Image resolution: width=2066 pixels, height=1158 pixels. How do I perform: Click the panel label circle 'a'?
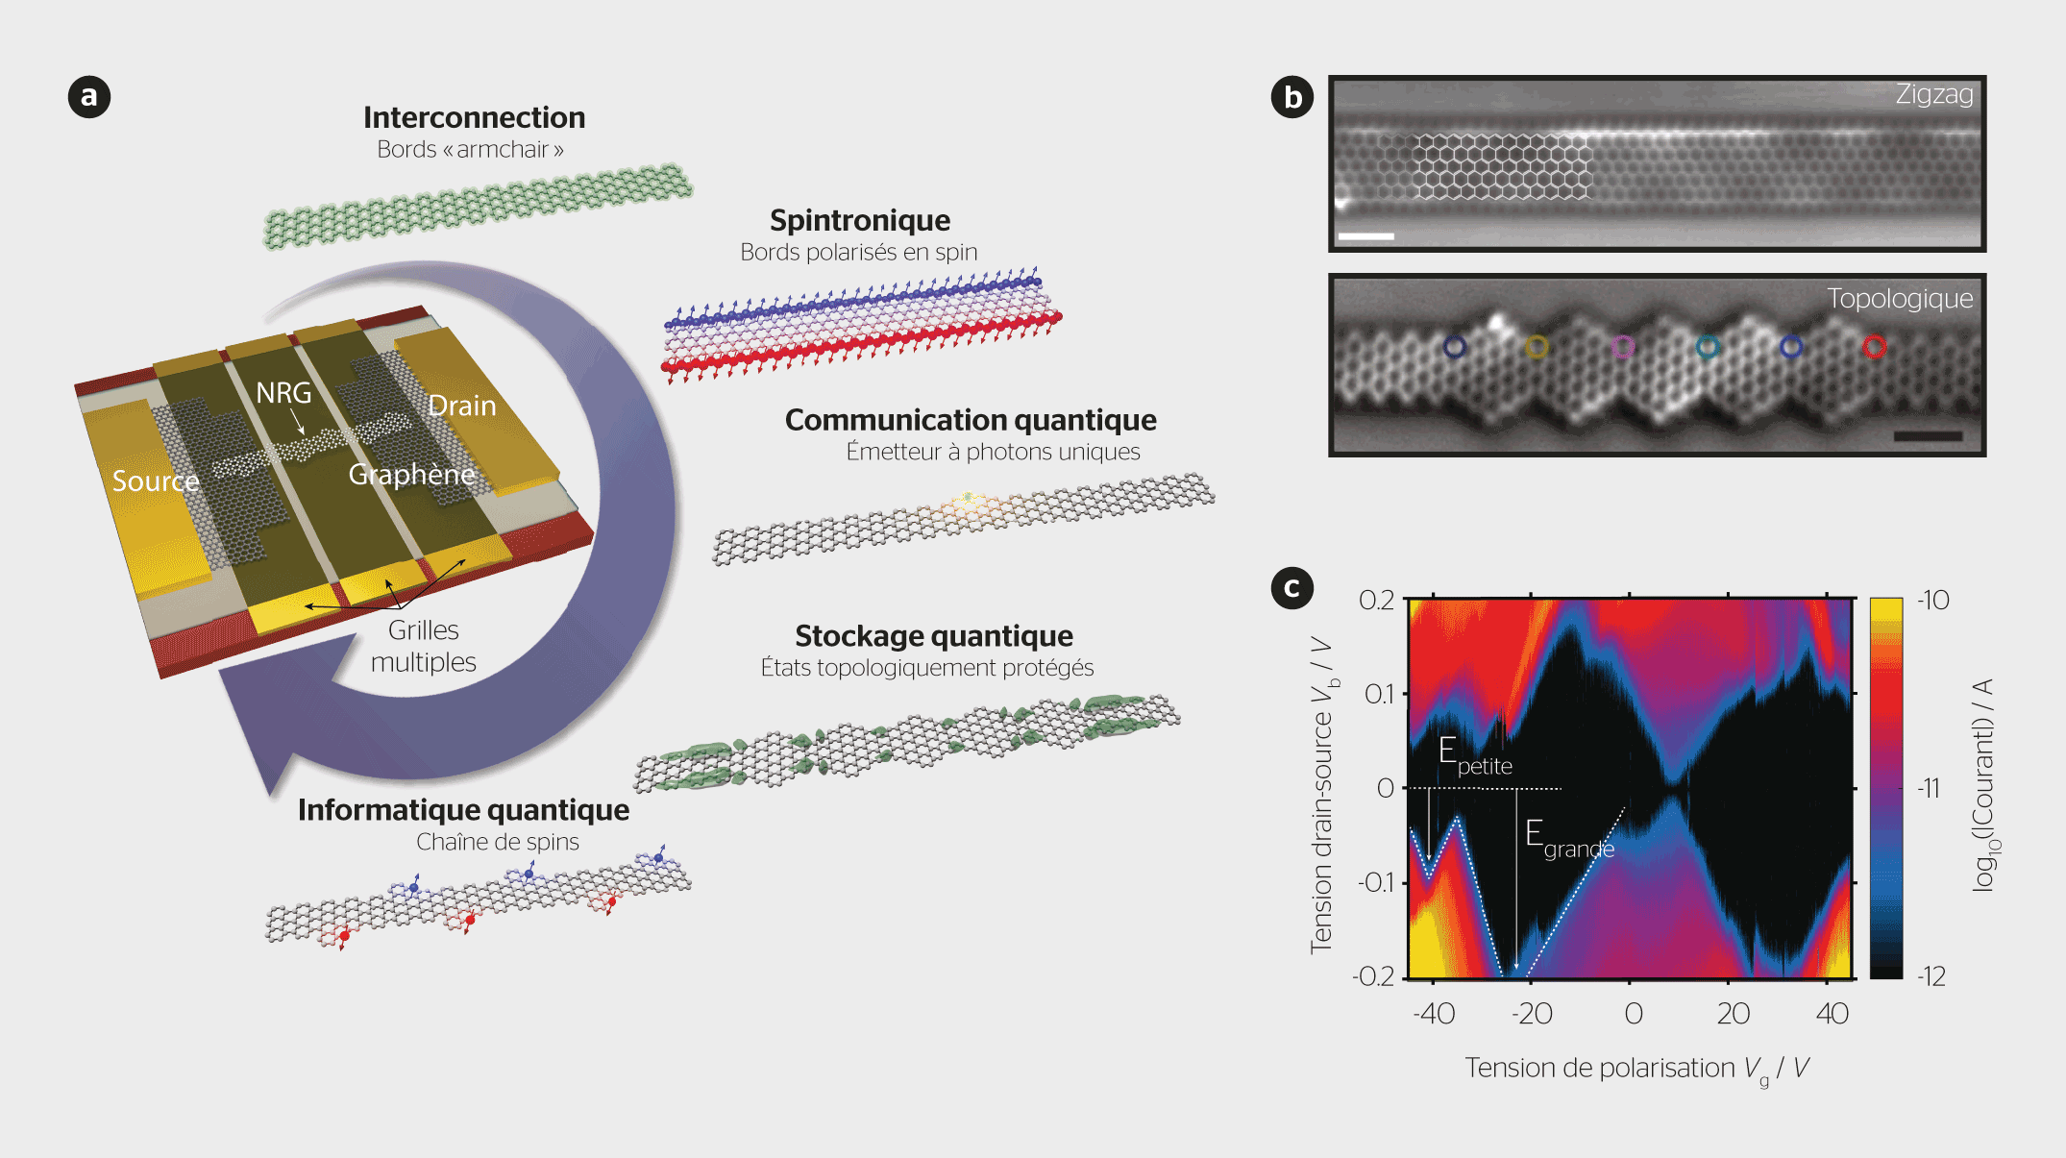(x=89, y=97)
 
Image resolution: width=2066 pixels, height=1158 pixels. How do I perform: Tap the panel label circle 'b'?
(x=1292, y=97)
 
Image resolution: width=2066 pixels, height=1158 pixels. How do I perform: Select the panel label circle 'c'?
(x=1292, y=587)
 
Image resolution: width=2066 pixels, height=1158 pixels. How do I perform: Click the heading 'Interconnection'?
(x=474, y=117)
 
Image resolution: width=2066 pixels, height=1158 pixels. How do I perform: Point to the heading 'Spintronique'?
(x=859, y=220)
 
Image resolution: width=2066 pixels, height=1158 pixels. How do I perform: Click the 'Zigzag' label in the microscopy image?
(x=1933, y=94)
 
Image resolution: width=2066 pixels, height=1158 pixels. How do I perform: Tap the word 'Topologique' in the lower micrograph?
(x=1899, y=299)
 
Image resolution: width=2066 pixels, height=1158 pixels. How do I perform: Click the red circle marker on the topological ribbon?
(x=1874, y=347)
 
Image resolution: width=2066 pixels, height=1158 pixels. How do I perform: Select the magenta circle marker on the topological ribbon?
(x=1622, y=346)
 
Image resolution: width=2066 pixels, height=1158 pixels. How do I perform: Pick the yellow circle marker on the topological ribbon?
(x=1537, y=347)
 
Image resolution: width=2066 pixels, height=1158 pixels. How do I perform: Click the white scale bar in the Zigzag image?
(x=1365, y=235)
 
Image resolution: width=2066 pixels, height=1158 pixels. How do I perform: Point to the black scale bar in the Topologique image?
(x=1927, y=436)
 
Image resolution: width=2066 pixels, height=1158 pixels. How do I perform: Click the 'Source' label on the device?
(x=155, y=480)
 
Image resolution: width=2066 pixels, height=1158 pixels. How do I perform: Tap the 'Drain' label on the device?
(x=461, y=406)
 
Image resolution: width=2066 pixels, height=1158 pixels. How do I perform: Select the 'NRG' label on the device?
(x=283, y=392)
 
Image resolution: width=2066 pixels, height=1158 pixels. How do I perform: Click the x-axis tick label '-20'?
(x=1531, y=1014)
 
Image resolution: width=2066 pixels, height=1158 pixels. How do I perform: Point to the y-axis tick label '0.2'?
(x=1376, y=601)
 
